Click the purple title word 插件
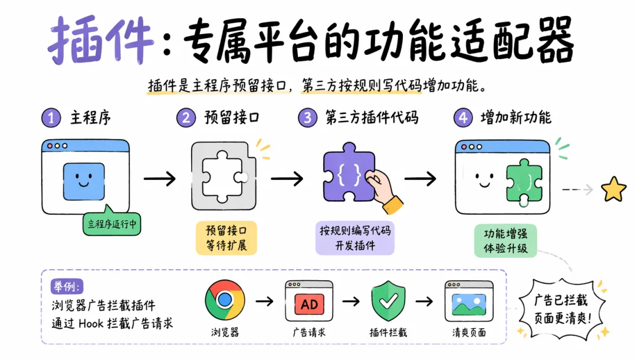point(101,40)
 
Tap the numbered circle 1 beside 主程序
point(51,118)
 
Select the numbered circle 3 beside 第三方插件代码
point(307,118)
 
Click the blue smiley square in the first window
point(84,181)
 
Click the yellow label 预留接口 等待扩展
point(226,238)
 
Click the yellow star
point(613,189)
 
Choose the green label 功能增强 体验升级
point(505,241)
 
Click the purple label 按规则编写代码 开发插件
point(355,238)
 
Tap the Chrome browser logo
point(225,300)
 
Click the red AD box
point(309,305)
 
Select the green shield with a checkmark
point(388,300)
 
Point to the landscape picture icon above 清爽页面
point(469,305)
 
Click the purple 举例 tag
point(67,286)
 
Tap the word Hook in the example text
point(91,323)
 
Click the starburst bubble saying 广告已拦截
point(561,309)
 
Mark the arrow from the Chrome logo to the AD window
point(264,301)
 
